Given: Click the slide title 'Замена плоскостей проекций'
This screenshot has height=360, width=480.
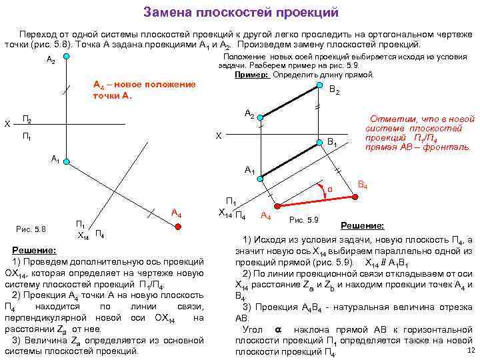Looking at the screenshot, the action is pos(241,13).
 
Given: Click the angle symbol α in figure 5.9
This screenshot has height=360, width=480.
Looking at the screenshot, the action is pos(329,189).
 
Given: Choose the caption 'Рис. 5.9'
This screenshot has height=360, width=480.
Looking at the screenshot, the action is pos(304,219).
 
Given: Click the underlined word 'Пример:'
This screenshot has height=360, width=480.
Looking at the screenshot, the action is pos(252,75).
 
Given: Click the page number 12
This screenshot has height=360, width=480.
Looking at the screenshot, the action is pos(471,350).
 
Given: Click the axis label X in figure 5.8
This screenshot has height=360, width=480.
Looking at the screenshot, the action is pos(7,124).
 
